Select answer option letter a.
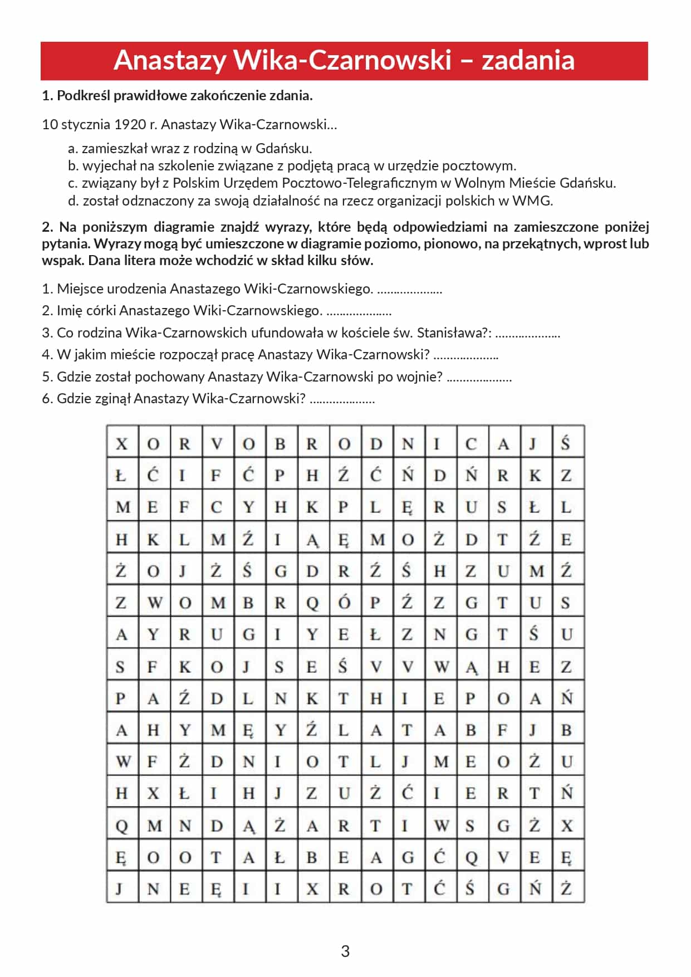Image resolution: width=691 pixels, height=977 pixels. click(x=72, y=149)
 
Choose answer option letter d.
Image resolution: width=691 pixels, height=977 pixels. click(x=72, y=201)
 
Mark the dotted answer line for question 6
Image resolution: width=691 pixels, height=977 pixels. click(x=342, y=400)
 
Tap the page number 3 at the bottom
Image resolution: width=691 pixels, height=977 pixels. click(x=345, y=951)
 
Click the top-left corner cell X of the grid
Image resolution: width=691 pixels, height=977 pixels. click(x=122, y=443)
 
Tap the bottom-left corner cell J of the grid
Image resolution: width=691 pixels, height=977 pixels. click(x=122, y=888)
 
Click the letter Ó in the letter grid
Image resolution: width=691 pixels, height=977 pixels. click(x=344, y=603)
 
